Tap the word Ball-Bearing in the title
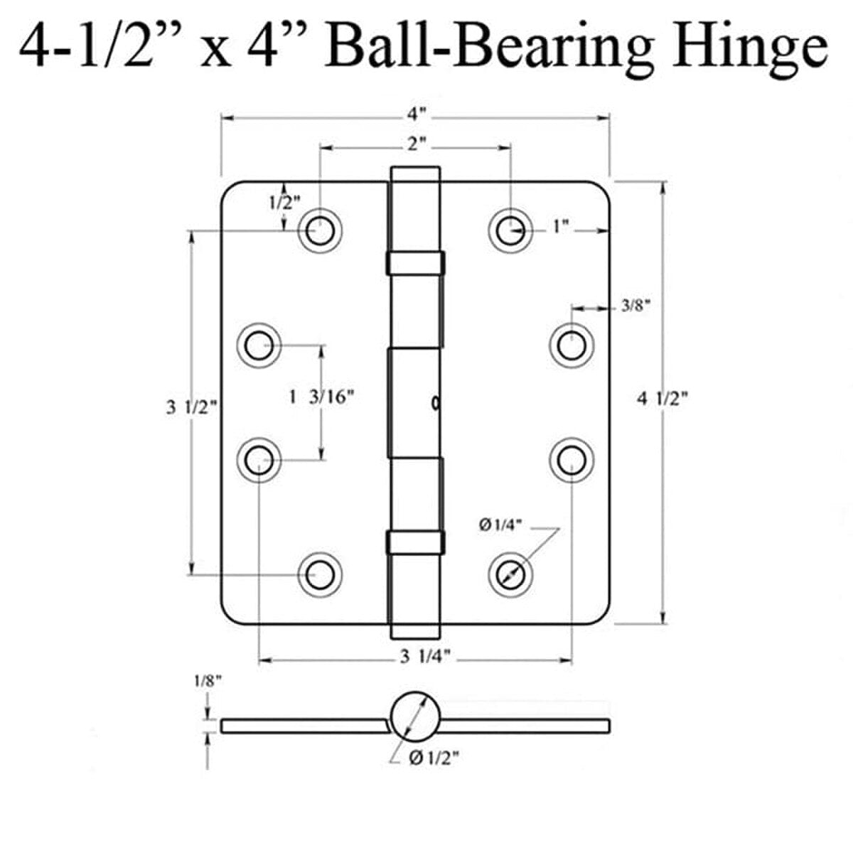pos(490,49)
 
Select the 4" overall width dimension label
pos(416,114)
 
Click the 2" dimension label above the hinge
pos(416,144)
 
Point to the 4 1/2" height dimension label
pos(662,399)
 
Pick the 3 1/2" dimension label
pos(192,407)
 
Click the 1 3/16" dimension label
pos(322,397)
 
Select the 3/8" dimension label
pos(635,305)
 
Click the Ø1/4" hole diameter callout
pos(500,525)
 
